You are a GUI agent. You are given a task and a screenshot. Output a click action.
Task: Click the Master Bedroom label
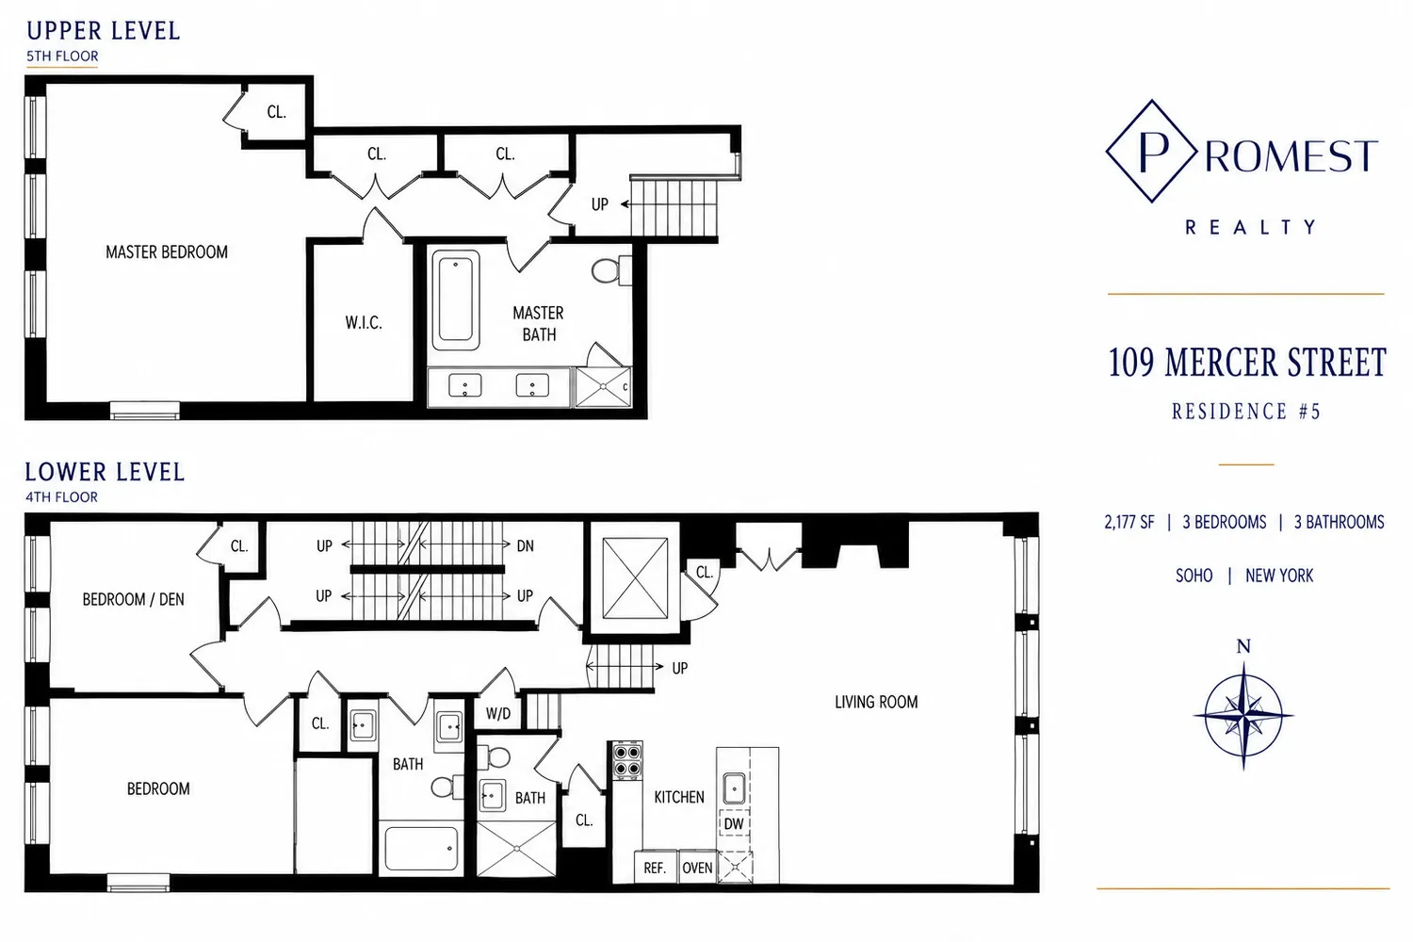(x=167, y=252)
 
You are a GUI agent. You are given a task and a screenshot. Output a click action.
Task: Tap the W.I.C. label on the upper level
(x=364, y=323)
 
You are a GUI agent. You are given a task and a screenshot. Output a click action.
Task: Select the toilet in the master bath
(x=611, y=270)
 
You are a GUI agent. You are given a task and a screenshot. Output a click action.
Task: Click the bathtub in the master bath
(x=455, y=300)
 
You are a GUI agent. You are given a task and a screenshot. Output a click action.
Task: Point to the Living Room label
(x=876, y=702)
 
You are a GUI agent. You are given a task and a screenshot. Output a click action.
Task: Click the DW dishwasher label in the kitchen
(x=733, y=824)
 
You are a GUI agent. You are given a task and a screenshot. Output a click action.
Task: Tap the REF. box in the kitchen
(x=656, y=867)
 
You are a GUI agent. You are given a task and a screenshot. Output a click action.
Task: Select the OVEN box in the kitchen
(x=697, y=867)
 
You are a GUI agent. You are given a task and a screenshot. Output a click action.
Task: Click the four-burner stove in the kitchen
(x=627, y=760)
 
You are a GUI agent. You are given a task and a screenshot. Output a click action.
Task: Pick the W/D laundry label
(x=498, y=714)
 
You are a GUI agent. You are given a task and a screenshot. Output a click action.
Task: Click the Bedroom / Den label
(x=133, y=599)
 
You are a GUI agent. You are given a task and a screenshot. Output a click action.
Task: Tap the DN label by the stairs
(x=526, y=545)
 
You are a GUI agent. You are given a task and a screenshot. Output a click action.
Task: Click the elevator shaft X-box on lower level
(x=635, y=578)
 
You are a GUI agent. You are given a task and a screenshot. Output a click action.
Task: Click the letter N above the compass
(x=1243, y=646)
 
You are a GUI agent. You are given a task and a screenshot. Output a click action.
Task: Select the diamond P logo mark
(x=1152, y=152)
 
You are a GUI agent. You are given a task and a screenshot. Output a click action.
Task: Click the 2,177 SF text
(x=1129, y=523)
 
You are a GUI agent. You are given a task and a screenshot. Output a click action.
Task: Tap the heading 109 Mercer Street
(x=1247, y=362)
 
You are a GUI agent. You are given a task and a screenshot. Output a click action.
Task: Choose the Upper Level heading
(x=104, y=31)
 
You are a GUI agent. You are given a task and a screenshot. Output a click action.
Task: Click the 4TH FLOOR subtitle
(x=62, y=497)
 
